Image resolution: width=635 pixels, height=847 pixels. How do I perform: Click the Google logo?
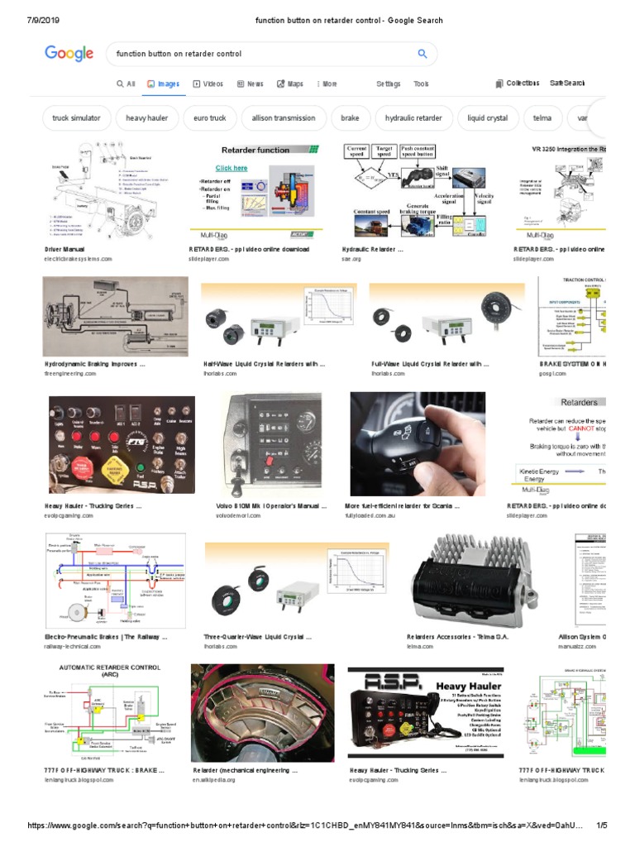[69, 54]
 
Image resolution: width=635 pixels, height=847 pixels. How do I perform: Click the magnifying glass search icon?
[423, 54]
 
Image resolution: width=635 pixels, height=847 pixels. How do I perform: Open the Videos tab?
[208, 84]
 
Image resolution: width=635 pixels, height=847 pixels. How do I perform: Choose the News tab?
[251, 84]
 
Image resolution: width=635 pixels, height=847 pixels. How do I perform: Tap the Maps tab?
[290, 84]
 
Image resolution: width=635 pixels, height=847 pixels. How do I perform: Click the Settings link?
[388, 84]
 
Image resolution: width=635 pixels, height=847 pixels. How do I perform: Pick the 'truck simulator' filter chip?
[76, 118]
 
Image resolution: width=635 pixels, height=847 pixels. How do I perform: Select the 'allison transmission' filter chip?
[284, 118]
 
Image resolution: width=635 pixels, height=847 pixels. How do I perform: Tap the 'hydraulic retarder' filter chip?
[413, 118]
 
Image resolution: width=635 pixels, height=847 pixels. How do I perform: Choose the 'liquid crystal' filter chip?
[487, 118]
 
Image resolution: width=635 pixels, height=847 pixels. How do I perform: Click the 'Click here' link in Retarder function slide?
[232, 168]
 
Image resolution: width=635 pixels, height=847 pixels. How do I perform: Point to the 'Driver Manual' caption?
[64, 248]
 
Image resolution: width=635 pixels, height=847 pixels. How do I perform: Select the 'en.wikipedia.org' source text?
[214, 779]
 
